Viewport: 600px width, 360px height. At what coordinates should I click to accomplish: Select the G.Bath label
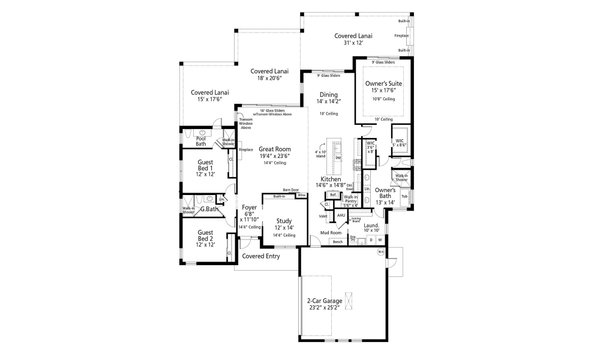coord(210,209)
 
